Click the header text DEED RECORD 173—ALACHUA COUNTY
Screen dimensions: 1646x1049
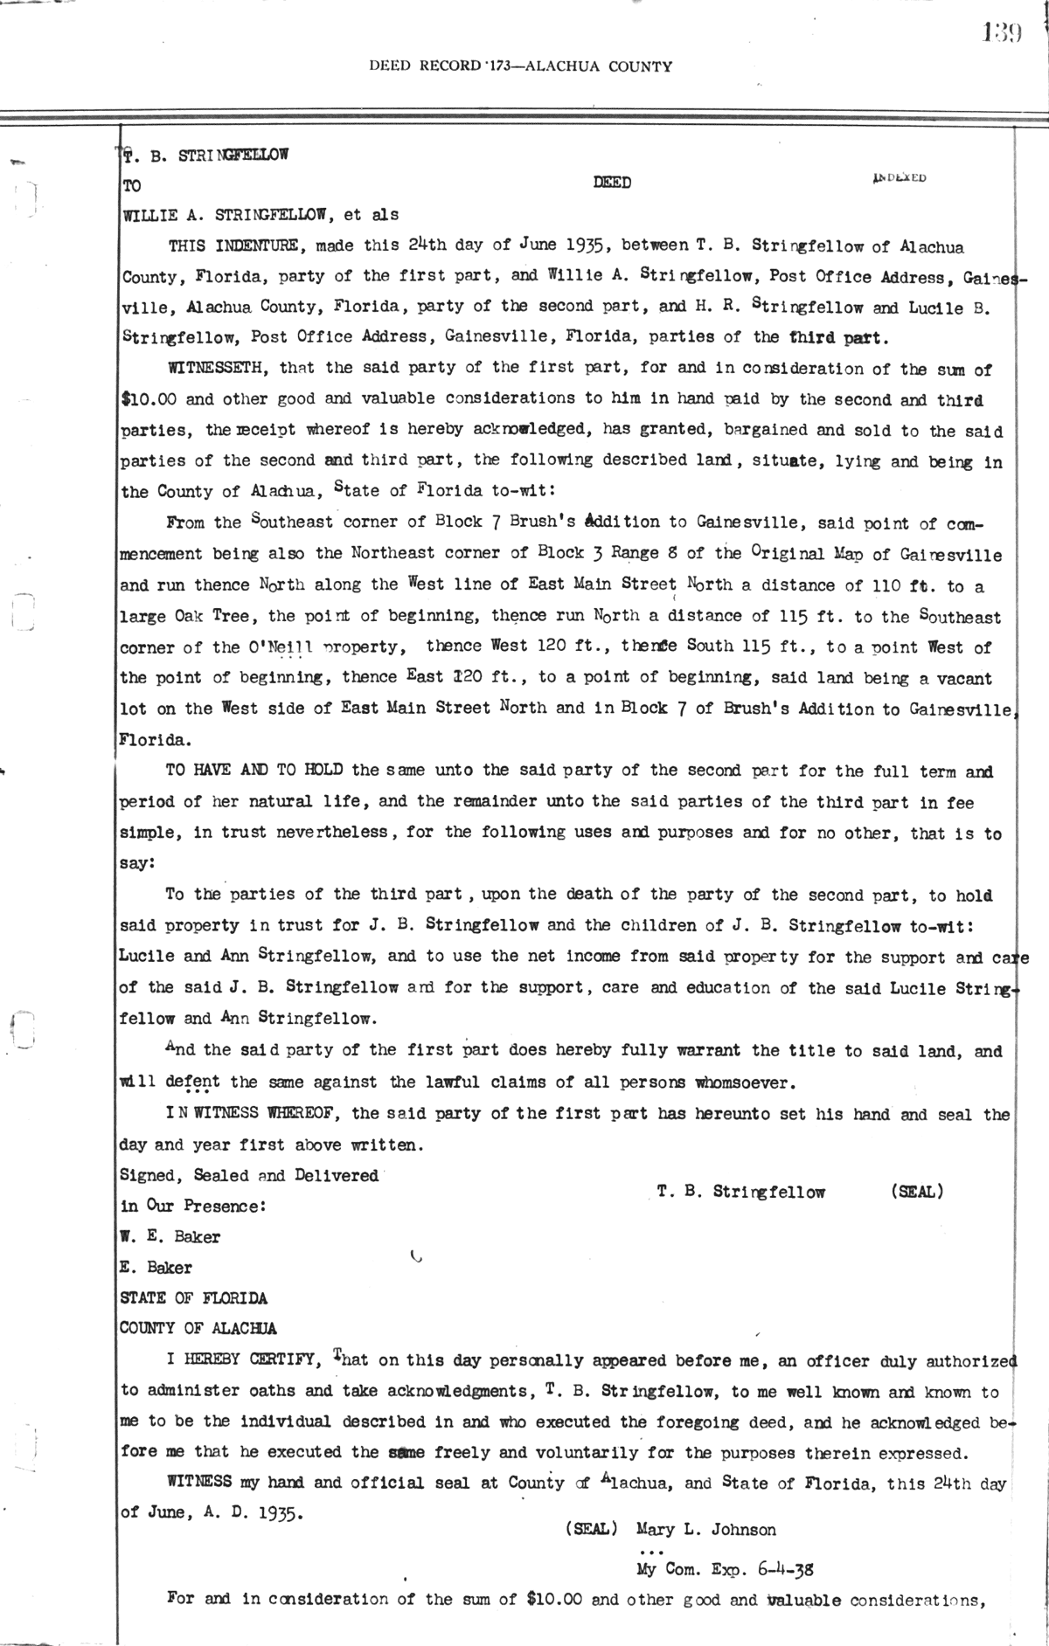(520, 66)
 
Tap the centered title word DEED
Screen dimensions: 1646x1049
(612, 183)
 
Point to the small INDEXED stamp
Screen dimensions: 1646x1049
(899, 178)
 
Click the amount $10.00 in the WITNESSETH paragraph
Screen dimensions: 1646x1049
(149, 399)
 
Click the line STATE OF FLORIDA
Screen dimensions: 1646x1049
(193, 1298)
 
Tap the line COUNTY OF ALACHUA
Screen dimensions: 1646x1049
(198, 1329)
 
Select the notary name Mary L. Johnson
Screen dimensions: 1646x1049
(705, 1530)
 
